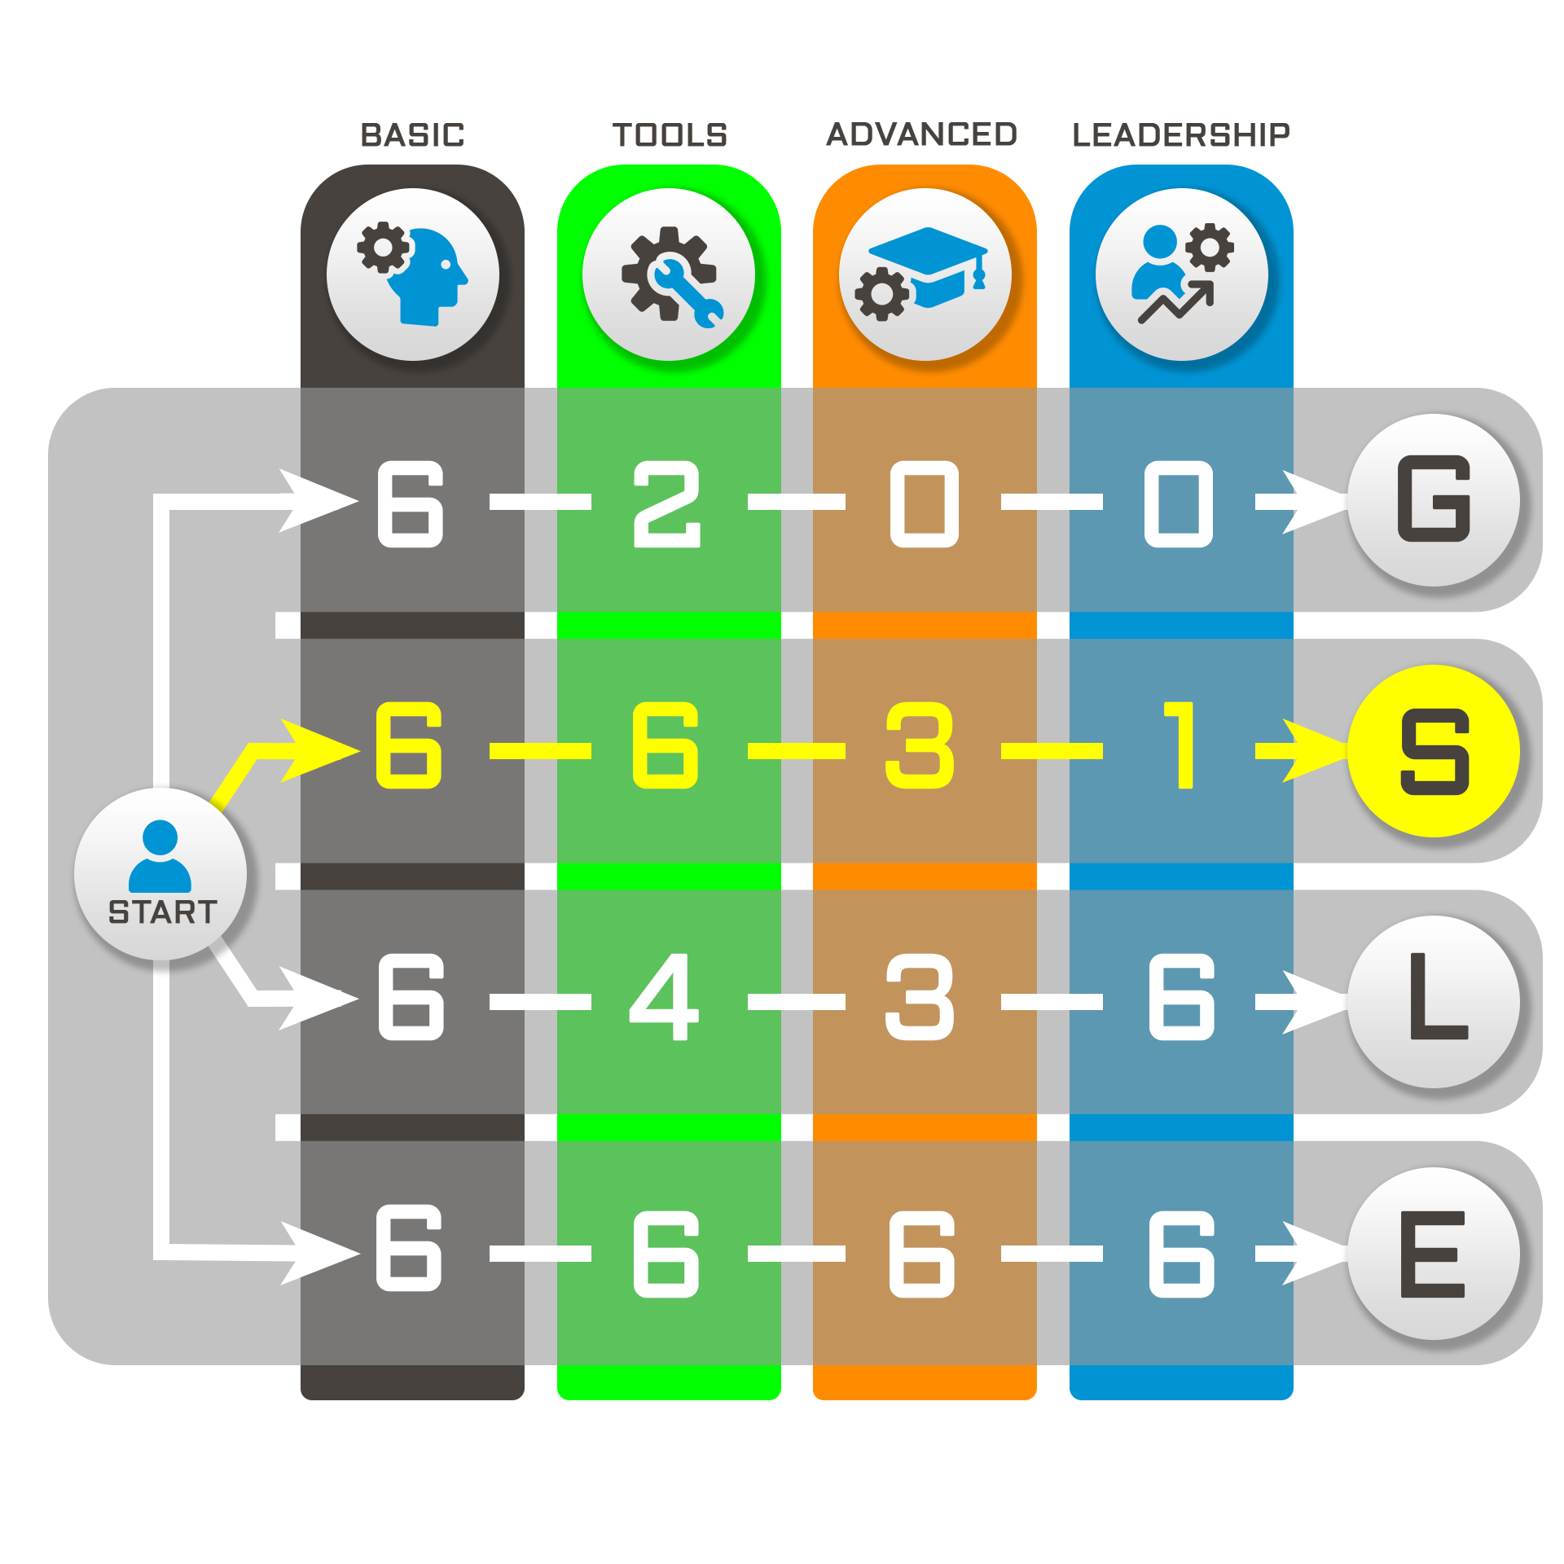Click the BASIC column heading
tap(412, 135)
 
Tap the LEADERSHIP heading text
tap(1180, 135)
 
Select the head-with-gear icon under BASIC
tap(413, 275)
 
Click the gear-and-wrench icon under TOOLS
tap(669, 275)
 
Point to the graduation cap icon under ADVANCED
tap(925, 275)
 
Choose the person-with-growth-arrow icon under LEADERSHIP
tap(1181, 275)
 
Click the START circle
tap(160, 873)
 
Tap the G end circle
tap(1434, 499)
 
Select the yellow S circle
tap(1434, 750)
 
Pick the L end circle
tap(1434, 1001)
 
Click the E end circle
tap(1434, 1253)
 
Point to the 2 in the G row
tap(667, 503)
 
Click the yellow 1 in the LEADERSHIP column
tap(1180, 745)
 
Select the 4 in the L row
tap(665, 996)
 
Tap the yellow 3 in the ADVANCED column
tap(920, 745)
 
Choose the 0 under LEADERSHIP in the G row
tap(1179, 503)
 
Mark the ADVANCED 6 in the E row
tap(921, 1253)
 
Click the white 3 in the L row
tap(920, 996)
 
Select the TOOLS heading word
tap(670, 135)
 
